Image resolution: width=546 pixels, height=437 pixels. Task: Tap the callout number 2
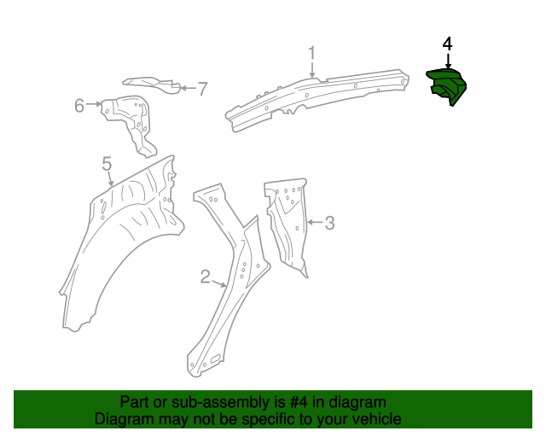[206, 276]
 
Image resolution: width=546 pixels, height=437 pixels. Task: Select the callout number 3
[329, 224]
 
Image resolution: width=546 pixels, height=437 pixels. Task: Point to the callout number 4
[447, 44]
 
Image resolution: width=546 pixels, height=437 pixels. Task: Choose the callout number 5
[107, 162]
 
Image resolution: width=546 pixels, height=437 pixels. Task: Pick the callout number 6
[79, 105]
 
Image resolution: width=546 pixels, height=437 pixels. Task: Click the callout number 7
[202, 88]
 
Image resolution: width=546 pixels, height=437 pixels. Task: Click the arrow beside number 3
[313, 224]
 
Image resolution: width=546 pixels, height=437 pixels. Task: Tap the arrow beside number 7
[186, 87]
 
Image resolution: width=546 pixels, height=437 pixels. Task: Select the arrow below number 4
[447, 60]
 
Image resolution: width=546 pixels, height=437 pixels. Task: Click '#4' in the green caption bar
[293, 402]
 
